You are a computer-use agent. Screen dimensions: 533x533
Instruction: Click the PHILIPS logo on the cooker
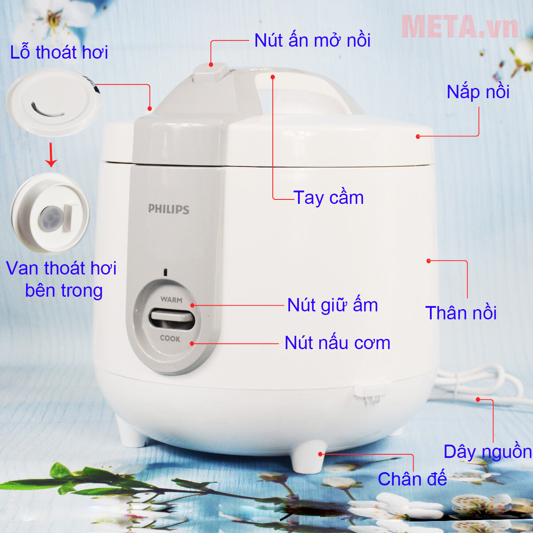(169, 209)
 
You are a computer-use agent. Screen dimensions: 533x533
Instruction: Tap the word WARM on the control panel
(171, 300)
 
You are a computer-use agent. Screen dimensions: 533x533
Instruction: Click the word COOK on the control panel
(170, 338)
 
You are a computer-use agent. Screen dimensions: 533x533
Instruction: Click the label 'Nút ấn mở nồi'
(312, 41)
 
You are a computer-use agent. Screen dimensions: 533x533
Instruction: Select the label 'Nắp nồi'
(478, 92)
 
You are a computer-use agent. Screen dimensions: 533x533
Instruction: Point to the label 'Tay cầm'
(329, 198)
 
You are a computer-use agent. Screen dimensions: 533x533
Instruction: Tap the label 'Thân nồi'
(461, 313)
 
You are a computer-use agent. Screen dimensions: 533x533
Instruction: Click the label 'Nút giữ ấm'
(332, 306)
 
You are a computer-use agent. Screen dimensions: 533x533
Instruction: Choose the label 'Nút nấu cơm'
(337, 343)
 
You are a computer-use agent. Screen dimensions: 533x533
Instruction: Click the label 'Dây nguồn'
(488, 452)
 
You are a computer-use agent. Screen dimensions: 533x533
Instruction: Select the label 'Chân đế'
(412, 479)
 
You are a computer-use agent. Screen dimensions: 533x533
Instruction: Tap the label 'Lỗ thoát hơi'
(59, 52)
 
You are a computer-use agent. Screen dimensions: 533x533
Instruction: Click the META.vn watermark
(460, 27)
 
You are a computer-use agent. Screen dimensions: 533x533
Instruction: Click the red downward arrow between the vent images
(52, 155)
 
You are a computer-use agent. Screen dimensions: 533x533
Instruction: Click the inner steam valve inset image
(51, 214)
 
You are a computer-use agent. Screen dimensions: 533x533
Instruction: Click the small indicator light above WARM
(165, 272)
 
